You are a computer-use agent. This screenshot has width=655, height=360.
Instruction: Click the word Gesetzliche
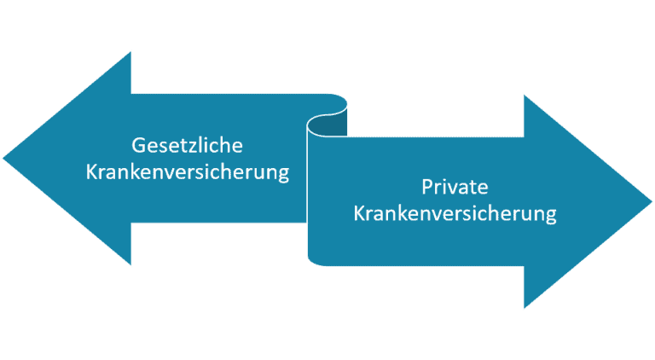(187, 145)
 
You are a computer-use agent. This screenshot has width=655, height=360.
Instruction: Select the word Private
(455, 187)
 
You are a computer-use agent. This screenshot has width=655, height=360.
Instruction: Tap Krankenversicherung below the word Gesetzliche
(188, 172)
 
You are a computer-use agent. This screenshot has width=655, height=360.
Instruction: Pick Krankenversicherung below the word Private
(455, 213)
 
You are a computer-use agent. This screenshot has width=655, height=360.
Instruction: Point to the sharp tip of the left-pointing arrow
(3, 159)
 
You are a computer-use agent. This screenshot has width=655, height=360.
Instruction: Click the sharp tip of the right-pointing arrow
(652, 201)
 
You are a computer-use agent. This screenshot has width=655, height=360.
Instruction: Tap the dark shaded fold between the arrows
(327, 125)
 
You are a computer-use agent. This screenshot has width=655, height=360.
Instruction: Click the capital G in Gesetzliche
(138, 145)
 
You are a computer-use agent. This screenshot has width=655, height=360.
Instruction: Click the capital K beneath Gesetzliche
(91, 171)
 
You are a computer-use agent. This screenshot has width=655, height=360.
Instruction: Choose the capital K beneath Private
(359, 213)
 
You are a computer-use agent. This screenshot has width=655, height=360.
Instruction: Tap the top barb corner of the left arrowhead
(130, 52)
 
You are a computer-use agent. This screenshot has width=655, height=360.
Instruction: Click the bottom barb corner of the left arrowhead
(130, 264)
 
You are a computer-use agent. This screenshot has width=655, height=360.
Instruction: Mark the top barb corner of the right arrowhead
(525, 96)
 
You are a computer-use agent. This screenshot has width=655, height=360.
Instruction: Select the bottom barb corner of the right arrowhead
(525, 308)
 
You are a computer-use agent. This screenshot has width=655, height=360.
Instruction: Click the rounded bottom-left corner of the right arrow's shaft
(313, 261)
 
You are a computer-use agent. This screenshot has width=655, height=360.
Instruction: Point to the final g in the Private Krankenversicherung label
(552, 216)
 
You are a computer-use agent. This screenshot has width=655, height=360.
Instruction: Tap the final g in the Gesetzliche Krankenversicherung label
(284, 174)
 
